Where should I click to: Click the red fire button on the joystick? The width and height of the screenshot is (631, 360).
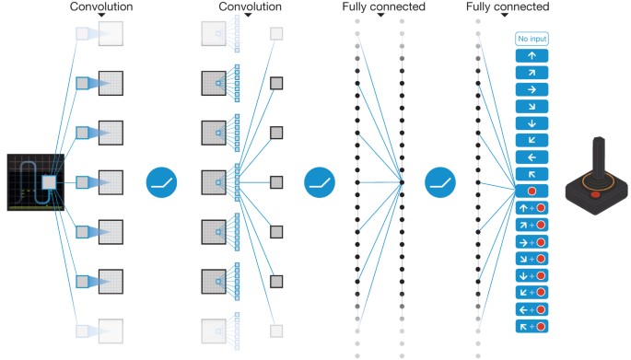click(596, 194)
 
